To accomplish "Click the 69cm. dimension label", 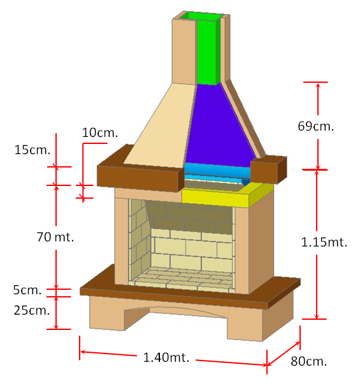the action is (x=315, y=126).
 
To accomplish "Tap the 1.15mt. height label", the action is (x=324, y=242).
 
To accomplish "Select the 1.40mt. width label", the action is (x=166, y=357).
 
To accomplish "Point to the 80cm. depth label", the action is (x=309, y=361).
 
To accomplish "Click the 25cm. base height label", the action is (x=32, y=310).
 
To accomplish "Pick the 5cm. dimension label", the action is (x=27, y=290).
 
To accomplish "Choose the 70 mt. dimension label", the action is (x=55, y=237).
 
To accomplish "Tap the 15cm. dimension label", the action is (x=32, y=150).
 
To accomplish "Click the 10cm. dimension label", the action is (x=100, y=132).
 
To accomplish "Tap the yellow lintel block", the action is (x=227, y=196).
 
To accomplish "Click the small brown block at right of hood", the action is (x=268, y=170).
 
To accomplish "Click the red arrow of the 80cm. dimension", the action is (x=284, y=354).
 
